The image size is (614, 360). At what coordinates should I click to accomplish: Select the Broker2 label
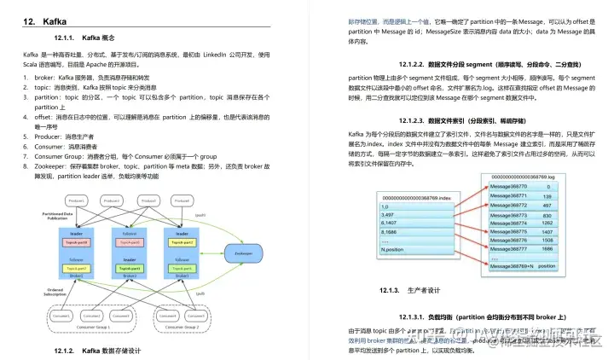[130, 276]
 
